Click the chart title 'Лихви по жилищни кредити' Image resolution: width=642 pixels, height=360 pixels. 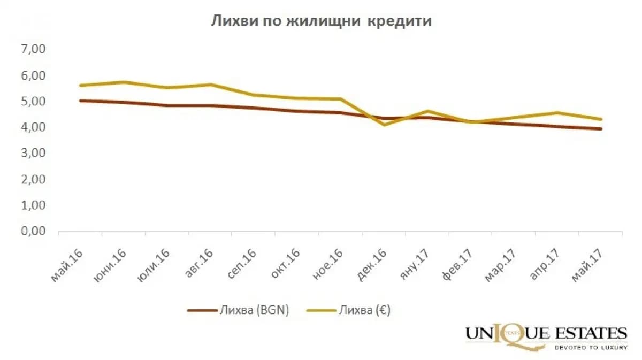(321, 21)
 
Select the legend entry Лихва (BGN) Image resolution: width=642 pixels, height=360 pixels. (238, 310)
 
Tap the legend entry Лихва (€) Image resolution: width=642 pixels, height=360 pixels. (348, 310)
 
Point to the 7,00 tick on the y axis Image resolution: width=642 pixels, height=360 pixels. (33, 49)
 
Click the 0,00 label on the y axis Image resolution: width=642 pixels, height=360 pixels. (33, 231)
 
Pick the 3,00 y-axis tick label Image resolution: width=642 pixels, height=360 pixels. (33, 153)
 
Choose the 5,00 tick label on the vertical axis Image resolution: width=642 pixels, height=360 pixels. (33, 101)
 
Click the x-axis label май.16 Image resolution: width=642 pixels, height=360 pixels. (67, 265)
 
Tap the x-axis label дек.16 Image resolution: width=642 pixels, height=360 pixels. (371, 265)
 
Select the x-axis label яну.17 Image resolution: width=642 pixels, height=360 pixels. (415, 265)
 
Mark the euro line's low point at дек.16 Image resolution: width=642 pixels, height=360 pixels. (384, 125)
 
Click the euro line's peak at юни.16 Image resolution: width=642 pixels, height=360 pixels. (124, 82)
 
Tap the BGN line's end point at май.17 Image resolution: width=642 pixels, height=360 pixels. (600, 129)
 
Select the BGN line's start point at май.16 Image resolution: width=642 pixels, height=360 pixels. (81, 101)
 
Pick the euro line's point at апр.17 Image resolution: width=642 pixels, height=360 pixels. (557, 113)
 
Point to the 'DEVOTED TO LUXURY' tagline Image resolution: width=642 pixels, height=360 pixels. (591, 348)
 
